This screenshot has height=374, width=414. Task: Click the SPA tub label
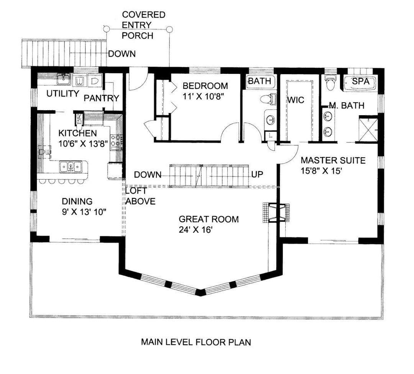pos(360,81)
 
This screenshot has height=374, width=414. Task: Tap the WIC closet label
pos(296,100)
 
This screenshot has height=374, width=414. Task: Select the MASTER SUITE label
pos(333,160)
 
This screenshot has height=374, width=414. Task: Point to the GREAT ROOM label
pos(209,219)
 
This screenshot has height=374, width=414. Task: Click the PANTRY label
pos(101,98)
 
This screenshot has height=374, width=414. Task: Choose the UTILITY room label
pos(63,93)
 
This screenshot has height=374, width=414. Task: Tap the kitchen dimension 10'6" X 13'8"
pos(83,144)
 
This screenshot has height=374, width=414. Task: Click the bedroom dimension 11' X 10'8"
pos(203,96)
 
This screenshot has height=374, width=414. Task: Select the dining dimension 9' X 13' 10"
pos(84,212)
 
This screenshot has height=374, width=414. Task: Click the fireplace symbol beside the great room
pos(276,212)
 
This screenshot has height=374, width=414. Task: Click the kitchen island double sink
pos(71,167)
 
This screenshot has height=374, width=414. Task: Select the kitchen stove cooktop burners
pos(116,140)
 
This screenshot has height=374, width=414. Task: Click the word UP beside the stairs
pos(257,174)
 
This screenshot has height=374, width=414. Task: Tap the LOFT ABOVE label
pos(140,196)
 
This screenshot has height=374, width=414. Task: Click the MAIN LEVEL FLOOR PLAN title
pos(196,342)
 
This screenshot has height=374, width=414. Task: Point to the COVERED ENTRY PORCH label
pos(143,25)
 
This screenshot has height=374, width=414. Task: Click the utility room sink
pos(64,79)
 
